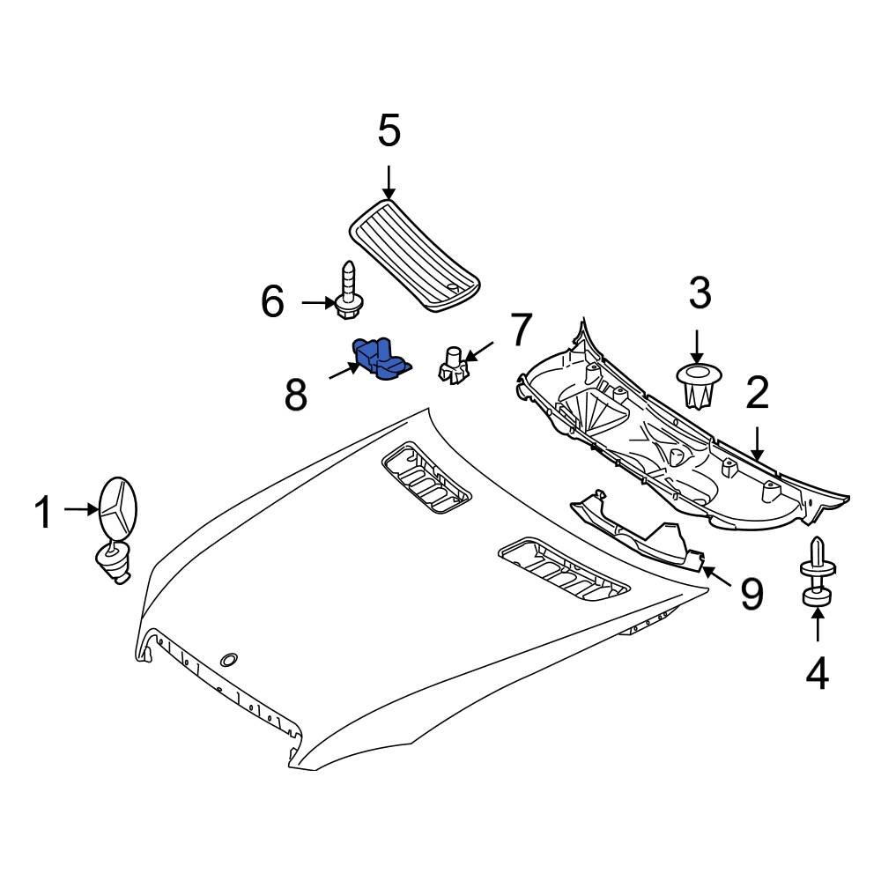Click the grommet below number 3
[699, 387]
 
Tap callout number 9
[751, 594]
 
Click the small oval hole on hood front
[228, 659]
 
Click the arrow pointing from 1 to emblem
[85, 509]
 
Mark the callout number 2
[758, 395]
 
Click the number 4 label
[818, 675]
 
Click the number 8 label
[296, 396]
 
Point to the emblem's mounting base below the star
[113, 561]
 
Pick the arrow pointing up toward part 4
[818, 626]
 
